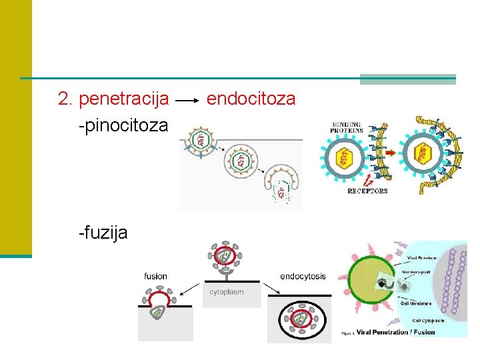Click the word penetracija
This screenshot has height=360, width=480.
[x=123, y=100]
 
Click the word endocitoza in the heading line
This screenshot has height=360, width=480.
[x=251, y=100]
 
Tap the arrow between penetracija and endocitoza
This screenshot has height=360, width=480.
[x=187, y=101]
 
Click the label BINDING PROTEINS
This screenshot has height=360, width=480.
[x=347, y=127]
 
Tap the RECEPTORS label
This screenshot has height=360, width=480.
[x=367, y=191]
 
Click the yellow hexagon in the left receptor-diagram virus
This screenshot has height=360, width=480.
[x=345, y=157]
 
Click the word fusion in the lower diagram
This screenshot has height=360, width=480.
[x=156, y=276]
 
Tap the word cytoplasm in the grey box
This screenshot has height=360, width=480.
[x=227, y=292]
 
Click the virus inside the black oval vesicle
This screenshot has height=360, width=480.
[x=299, y=319]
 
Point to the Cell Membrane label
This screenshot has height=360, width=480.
[x=417, y=303]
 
